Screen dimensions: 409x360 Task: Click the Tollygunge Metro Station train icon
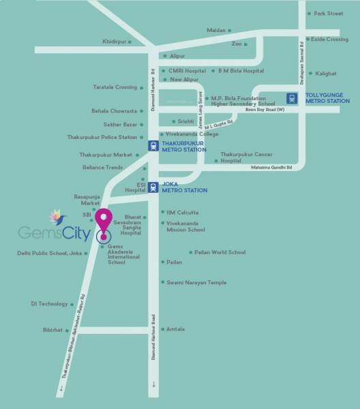click(x=292, y=97)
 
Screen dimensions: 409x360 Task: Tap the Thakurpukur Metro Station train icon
click(x=154, y=145)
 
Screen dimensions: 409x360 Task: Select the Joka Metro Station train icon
click(x=154, y=187)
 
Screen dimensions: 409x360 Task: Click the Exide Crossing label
click(x=331, y=40)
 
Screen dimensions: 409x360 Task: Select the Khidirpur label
click(x=115, y=42)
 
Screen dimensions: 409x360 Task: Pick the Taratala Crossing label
click(x=115, y=87)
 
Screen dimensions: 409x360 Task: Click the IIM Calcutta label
click(x=182, y=212)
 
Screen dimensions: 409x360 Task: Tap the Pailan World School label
click(x=220, y=252)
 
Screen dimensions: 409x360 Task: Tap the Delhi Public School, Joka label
click(x=49, y=253)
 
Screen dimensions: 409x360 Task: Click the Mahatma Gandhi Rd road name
click(x=271, y=167)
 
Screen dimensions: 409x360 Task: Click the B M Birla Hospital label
click(x=241, y=70)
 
